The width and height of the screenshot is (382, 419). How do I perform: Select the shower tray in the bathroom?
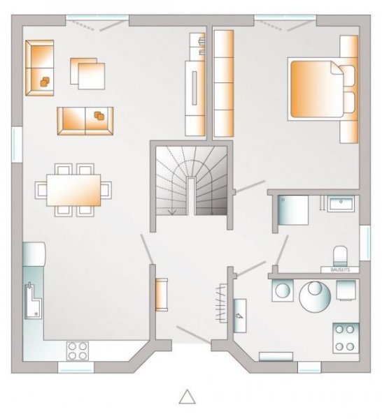pyautogui.click(x=291, y=210)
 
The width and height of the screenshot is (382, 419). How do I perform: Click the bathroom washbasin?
pyautogui.click(x=341, y=204)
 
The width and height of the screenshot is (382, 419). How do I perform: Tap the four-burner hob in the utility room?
pyautogui.click(x=344, y=337)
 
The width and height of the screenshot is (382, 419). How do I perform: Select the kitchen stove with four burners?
pyautogui.click(x=78, y=348)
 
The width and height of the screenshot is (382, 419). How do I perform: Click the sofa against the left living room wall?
pyautogui.click(x=39, y=67)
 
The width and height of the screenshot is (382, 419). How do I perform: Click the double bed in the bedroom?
pyautogui.click(x=320, y=89)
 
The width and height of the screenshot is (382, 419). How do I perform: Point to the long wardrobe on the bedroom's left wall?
pyautogui.click(x=224, y=84)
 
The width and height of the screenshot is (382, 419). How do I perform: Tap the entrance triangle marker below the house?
pyautogui.click(x=187, y=397)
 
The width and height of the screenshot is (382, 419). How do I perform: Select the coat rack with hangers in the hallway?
pyautogui.click(x=222, y=304)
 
